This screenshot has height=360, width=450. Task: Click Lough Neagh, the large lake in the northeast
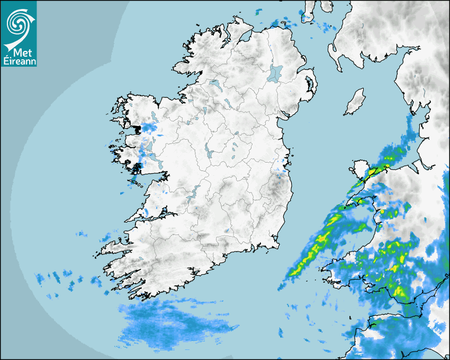275,73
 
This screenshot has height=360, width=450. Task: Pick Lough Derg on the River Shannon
194,191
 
